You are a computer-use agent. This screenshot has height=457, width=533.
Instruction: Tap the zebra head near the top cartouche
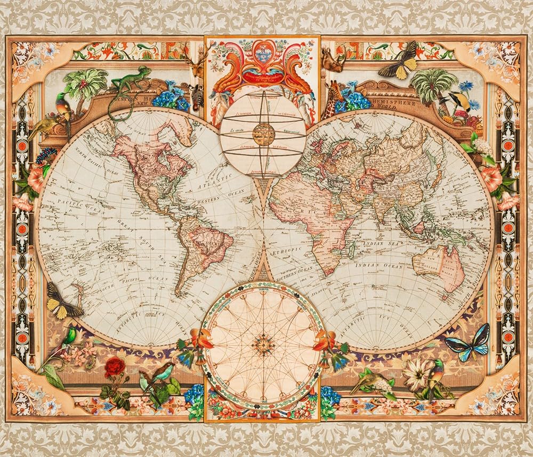click(197, 96)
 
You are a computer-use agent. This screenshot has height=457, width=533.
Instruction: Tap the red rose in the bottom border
click(114, 368)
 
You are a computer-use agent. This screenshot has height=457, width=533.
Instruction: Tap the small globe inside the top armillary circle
click(263, 133)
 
